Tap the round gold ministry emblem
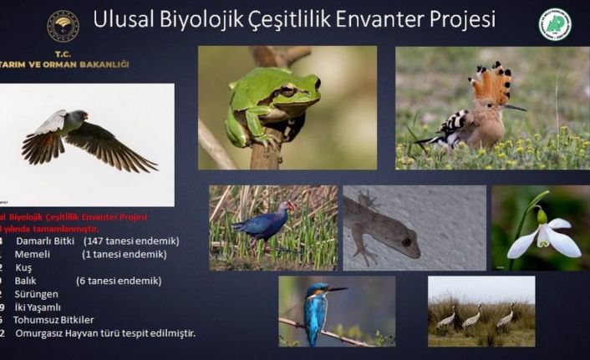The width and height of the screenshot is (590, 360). point(63,26)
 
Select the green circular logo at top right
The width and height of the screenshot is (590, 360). point(555,24)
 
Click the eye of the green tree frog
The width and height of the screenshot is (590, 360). point(287,89)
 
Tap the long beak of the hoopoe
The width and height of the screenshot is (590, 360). point(514,107)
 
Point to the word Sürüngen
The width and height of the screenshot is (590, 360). point(38,294)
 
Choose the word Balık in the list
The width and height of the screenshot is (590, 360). point(30,281)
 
